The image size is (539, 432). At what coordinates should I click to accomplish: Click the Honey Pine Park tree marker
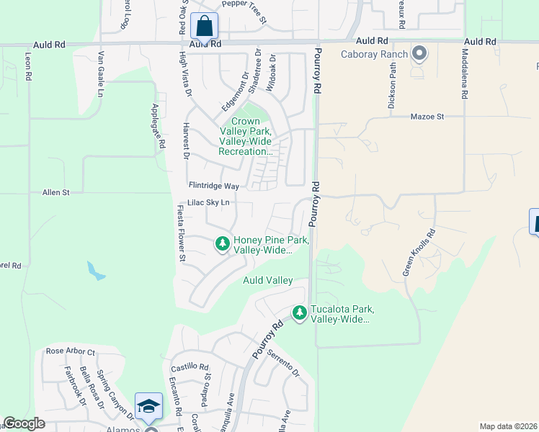click(x=223, y=245)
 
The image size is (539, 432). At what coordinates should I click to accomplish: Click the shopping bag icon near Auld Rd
click(x=205, y=26)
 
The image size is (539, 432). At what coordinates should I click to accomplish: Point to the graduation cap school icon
click(x=148, y=407)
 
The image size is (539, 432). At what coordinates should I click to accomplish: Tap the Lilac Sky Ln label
click(x=209, y=203)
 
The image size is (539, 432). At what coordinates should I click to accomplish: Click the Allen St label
click(x=55, y=193)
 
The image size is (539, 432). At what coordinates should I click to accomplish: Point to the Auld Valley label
click(x=267, y=280)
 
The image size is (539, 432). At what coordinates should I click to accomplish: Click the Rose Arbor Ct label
click(x=71, y=351)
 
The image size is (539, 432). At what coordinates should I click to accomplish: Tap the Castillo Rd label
click(x=190, y=366)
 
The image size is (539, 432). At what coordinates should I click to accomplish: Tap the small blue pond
click(x=94, y=271)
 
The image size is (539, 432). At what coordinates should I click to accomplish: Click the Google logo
click(x=24, y=423)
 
